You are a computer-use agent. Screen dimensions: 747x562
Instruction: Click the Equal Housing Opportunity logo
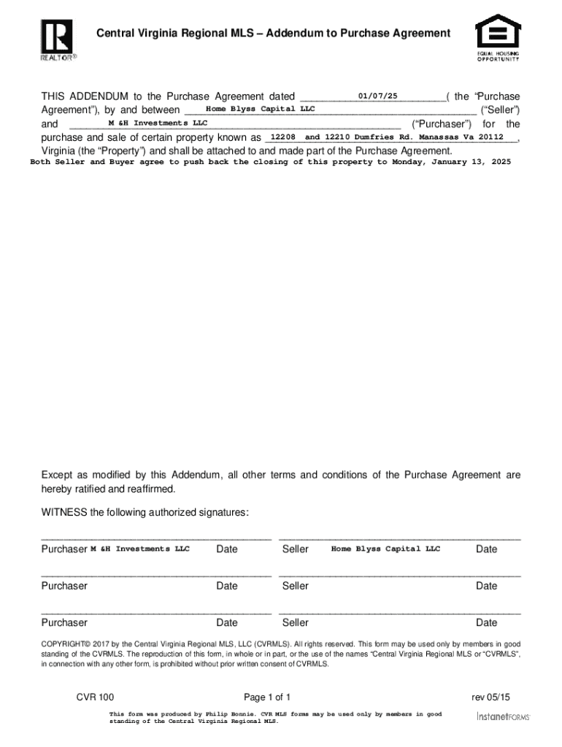(x=499, y=37)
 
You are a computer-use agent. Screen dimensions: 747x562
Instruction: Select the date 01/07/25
(x=378, y=96)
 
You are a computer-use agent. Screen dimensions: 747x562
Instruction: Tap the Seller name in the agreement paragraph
(x=260, y=109)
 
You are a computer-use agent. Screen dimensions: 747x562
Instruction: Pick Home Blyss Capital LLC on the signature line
(x=385, y=549)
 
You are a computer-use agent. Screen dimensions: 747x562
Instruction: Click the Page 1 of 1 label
(x=267, y=697)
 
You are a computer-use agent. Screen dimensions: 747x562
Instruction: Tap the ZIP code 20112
(x=491, y=137)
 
